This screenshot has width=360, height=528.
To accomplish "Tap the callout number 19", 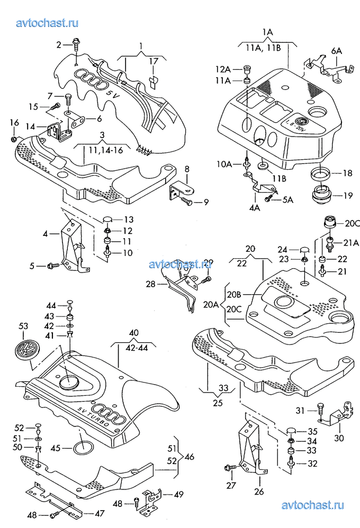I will (348, 195).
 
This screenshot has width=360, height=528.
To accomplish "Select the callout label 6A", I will (337, 51).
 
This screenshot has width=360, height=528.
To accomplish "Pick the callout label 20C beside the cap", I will (352, 224).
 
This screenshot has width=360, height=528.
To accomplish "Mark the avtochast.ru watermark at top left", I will (48, 22).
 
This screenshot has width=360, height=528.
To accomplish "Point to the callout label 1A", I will (267, 32).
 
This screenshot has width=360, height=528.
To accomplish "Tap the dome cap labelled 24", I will (305, 250).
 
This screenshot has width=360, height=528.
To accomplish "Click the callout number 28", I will (150, 284).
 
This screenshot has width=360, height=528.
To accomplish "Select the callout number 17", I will (153, 61).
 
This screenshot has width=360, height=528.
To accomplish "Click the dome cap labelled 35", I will (290, 431).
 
